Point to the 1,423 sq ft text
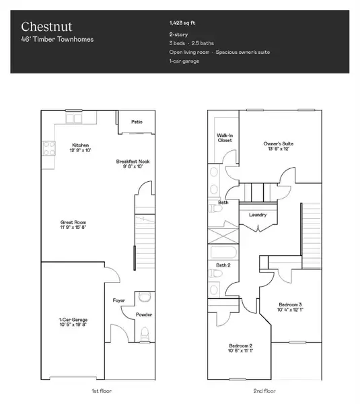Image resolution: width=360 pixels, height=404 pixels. [183, 22]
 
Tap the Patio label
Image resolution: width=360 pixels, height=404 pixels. [137, 122]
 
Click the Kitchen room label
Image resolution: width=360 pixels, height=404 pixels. [81, 145]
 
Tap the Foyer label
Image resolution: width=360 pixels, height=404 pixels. [118, 300]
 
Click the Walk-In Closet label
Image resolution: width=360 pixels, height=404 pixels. [225, 137]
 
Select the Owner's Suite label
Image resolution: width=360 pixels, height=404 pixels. [278, 143]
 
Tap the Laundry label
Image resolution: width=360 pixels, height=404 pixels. [258, 215]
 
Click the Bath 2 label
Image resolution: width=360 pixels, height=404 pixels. [224, 265]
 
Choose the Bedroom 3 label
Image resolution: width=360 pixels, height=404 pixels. [291, 305]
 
